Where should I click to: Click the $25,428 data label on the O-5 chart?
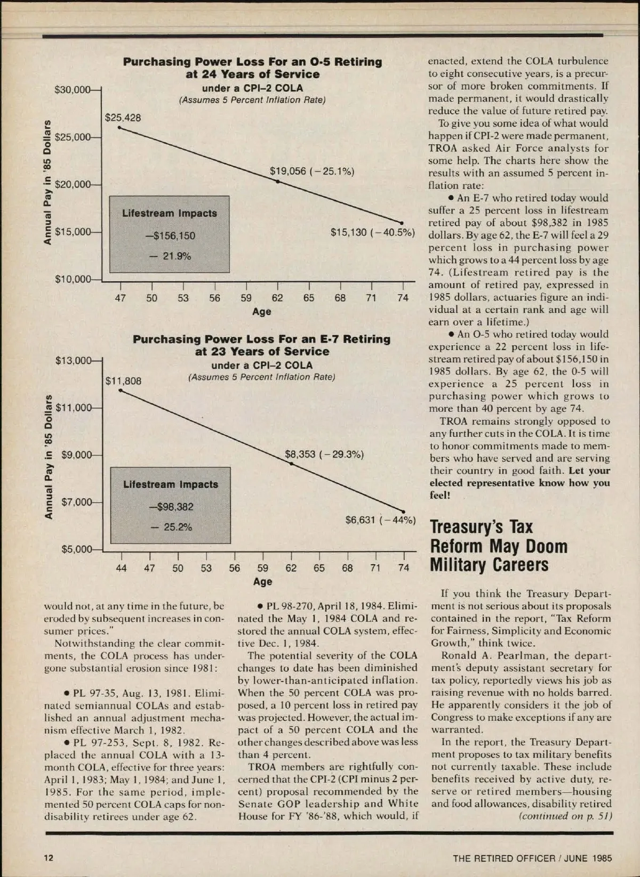(x=123, y=118)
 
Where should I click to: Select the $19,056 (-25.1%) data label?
(x=311, y=171)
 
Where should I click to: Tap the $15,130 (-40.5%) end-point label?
(x=372, y=232)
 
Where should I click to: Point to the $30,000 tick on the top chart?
(x=73, y=90)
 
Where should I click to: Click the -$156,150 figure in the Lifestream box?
(x=171, y=236)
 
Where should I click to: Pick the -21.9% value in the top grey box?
(x=170, y=256)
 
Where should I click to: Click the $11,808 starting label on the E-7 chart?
(x=123, y=381)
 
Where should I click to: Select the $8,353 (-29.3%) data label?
(x=324, y=454)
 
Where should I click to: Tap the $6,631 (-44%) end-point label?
(x=380, y=519)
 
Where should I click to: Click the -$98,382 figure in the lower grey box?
(x=171, y=507)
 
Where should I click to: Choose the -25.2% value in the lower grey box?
(x=171, y=527)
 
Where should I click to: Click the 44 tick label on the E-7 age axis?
(x=122, y=568)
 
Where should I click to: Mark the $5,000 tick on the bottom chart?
(x=77, y=549)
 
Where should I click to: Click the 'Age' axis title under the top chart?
(x=261, y=312)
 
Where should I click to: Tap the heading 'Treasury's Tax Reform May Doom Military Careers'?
(x=498, y=546)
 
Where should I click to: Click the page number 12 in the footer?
(x=49, y=857)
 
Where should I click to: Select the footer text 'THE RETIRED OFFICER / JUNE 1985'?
(x=532, y=858)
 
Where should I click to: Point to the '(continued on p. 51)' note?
(x=565, y=816)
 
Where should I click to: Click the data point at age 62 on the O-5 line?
(x=277, y=182)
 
